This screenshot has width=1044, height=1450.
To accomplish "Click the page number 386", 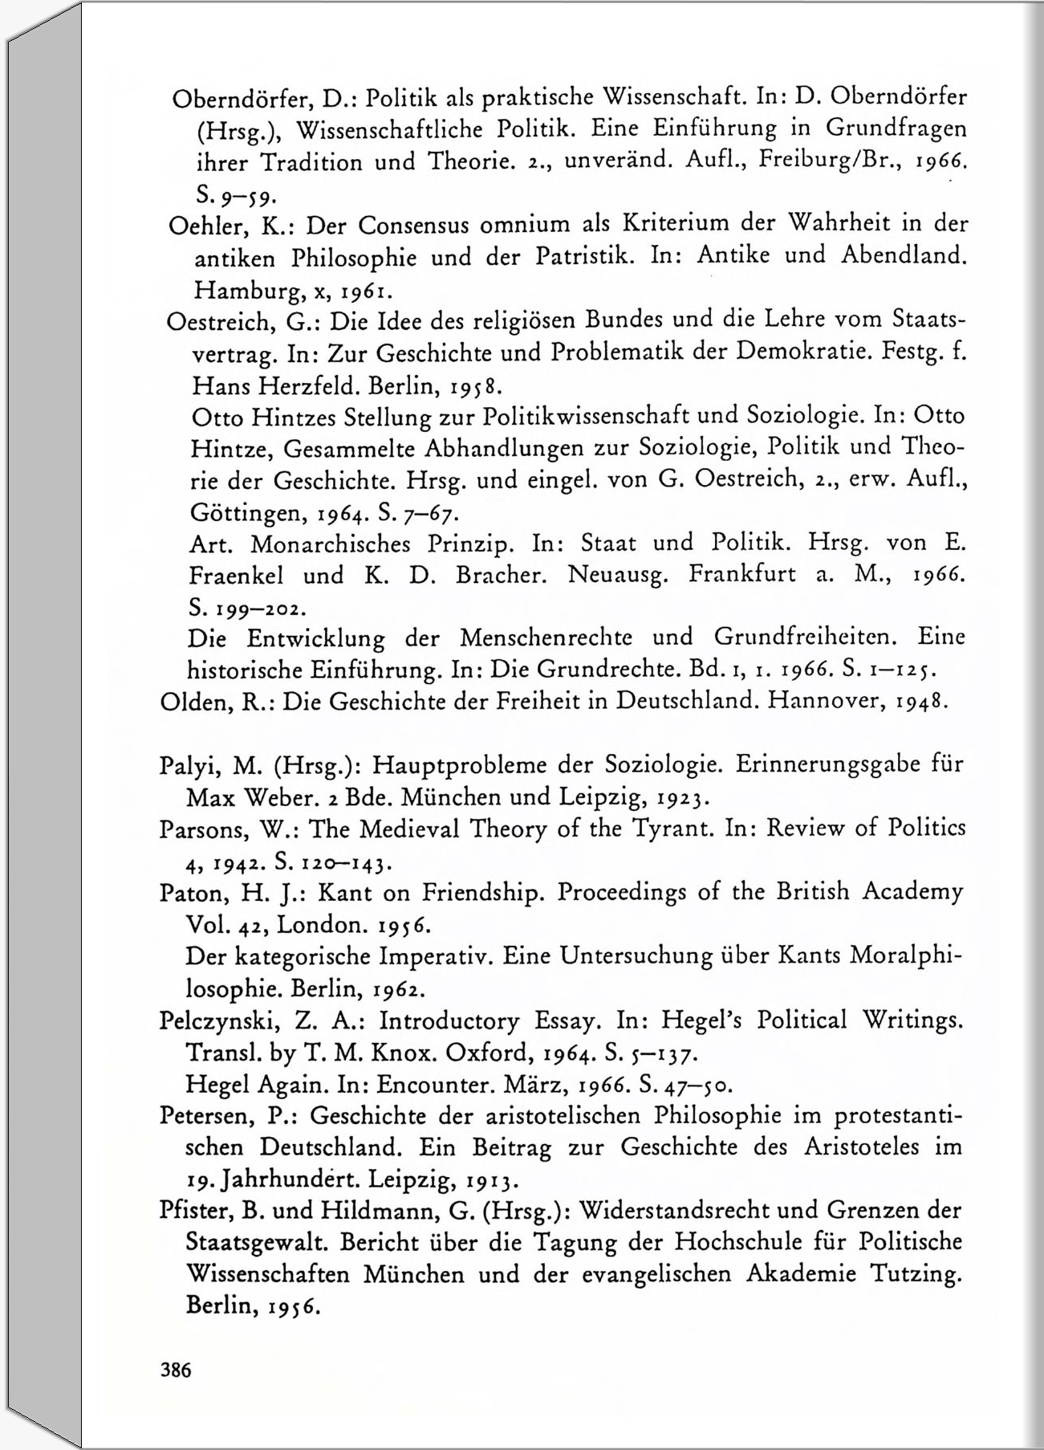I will pyautogui.click(x=177, y=1370).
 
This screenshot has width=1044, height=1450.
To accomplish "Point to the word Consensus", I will pyautogui.click(x=413, y=225).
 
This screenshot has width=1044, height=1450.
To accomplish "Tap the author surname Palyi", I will pyautogui.click(x=189, y=765).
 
